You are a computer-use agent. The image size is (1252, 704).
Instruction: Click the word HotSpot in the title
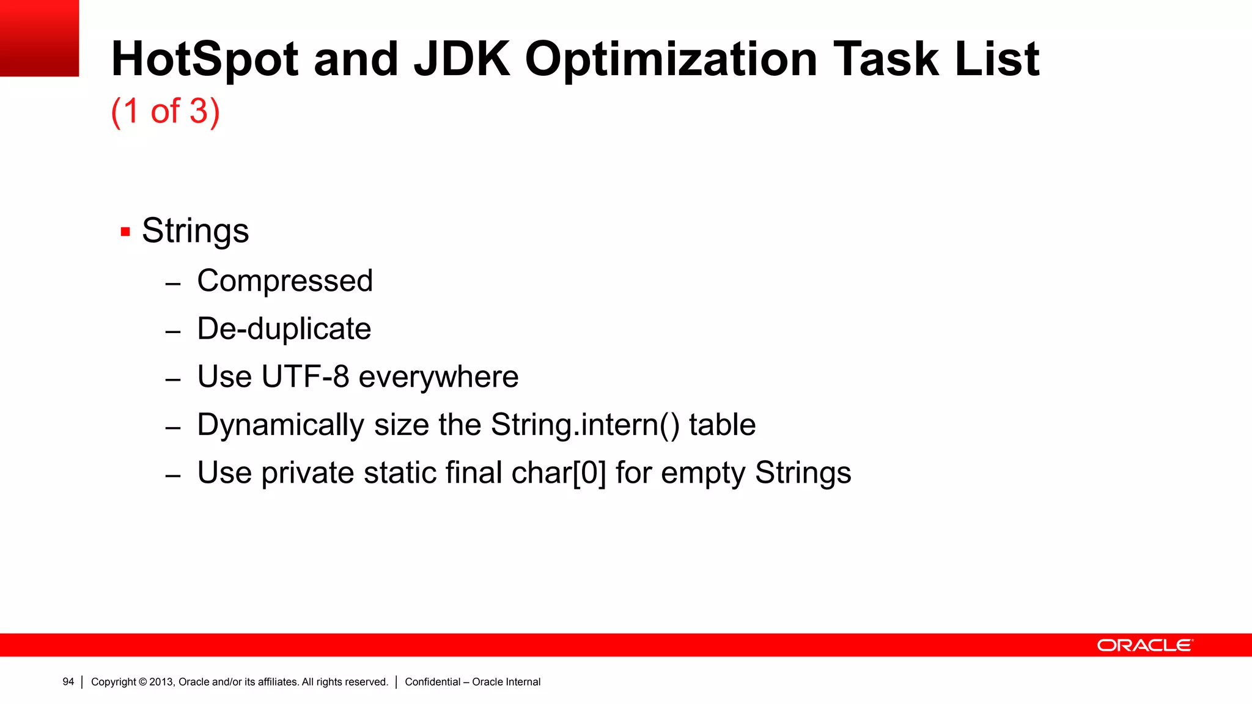205,59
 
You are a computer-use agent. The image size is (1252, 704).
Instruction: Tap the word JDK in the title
462,59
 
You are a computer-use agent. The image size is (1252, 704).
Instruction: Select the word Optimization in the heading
671,59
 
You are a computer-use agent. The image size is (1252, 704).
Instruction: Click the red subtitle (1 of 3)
165,111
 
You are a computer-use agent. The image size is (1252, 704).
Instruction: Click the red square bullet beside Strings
125,232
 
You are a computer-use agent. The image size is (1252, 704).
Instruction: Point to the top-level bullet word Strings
196,231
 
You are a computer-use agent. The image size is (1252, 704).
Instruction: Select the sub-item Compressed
285,281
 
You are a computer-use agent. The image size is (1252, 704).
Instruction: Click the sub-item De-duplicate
284,329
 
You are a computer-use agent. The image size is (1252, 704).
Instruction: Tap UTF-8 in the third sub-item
305,376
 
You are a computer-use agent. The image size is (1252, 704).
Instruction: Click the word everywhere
438,376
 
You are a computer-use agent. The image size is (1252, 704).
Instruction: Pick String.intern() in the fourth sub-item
585,425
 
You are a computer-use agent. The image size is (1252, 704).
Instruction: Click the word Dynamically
281,425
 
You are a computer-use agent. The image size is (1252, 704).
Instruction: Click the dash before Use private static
173,475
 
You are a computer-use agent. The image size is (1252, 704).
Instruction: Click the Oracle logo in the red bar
1144,645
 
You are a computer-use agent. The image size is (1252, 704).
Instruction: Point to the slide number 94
68,682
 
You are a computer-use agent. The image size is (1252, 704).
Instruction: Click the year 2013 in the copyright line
161,682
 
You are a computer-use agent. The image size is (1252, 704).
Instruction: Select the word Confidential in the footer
432,682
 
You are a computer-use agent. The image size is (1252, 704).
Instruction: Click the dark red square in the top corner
39,38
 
